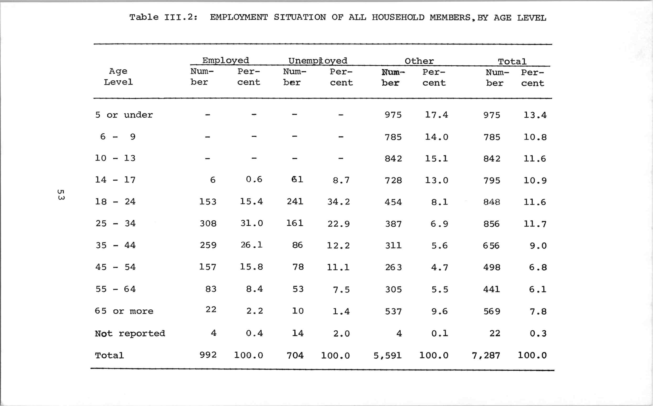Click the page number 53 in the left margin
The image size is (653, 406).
click(61, 195)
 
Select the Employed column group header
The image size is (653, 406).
click(225, 60)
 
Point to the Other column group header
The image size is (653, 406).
click(419, 61)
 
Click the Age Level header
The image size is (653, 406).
click(118, 77)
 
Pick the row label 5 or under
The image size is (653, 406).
click(124, 115)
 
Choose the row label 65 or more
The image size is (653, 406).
click(124, 311)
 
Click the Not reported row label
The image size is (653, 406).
click(130, 333)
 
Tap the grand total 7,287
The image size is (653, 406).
click(486, 355)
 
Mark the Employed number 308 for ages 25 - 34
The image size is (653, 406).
click(208, 224)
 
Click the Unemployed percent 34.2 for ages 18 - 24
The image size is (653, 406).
click(338, 202)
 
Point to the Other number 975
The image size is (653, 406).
click(393, 115)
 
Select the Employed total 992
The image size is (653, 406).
click(208, 355)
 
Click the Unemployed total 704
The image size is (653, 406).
click(295, 355)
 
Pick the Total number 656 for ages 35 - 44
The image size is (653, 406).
click(491, 245)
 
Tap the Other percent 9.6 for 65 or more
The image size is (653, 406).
click(439, 311)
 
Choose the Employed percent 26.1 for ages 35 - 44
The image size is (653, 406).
click(251, 245)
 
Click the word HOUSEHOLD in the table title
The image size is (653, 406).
click(398, 18)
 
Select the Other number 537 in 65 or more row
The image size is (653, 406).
click(393, 312)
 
